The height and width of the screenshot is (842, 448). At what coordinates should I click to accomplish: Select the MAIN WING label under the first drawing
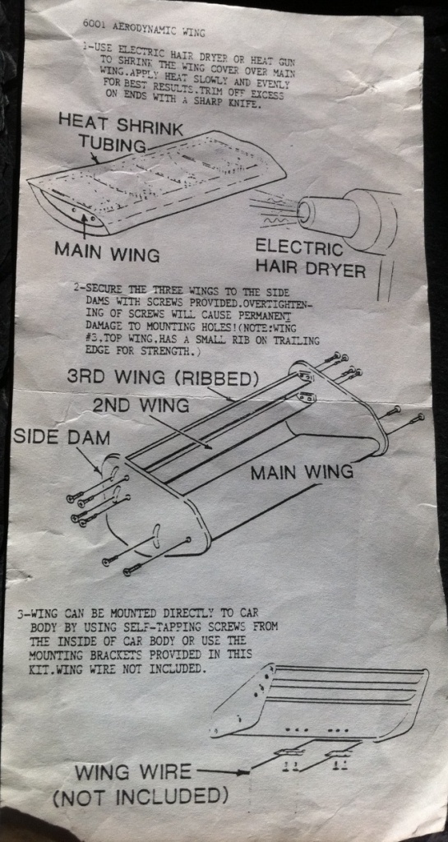[x=107, y=252]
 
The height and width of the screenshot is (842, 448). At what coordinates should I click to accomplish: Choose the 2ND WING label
[x=141, y=405]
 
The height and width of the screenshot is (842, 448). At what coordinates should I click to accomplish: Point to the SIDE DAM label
[x=61, y=437]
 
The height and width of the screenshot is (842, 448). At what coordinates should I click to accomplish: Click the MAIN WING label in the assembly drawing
[x=303, y=472]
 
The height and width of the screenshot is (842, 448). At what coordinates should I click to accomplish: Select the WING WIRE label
[x=132, y=772]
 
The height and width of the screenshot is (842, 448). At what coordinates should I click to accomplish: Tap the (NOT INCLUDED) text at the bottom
[x=140, y=796]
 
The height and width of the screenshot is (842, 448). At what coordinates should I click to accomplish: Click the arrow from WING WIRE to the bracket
[x=224, y=771]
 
